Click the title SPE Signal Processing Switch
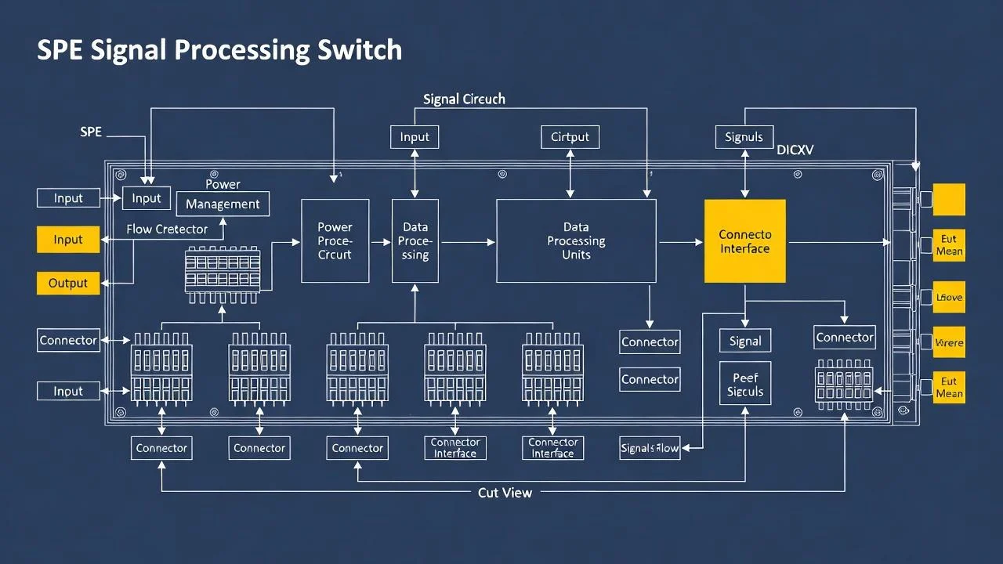coord(219,49)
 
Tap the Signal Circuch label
coord(464,99)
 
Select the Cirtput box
coord(570,137)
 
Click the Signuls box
coord(744,137)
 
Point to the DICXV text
coord(795,150)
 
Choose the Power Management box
coord(223,204)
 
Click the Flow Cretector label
coord(167,230)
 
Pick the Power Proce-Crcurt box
coord(335,241)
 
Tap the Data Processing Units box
coord(576,241)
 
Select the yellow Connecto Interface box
coord(744,241)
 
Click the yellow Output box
coord(68,283)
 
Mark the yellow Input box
coord(68,240)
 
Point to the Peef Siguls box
coord(744,384)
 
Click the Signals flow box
coord(650,448)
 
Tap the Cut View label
coord(505,493)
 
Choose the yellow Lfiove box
coord(949,298)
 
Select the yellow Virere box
coord(949,342)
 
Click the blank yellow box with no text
coord(949,199)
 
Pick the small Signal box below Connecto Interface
coord(744,341)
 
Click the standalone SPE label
coord(91,132)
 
